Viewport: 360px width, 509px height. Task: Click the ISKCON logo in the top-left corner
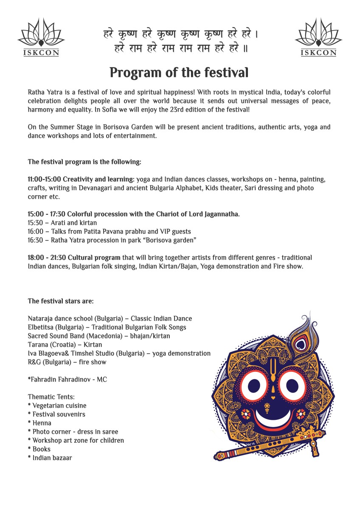(41, 37)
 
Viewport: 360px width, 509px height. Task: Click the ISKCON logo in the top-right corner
(318, 37)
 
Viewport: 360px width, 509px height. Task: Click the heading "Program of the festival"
(179, 73)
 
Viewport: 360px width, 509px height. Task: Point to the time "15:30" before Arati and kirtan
(35, 223)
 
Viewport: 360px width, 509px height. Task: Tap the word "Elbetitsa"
(41, 327)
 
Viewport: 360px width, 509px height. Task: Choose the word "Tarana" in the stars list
(38, 345)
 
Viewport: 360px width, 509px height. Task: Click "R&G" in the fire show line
(34, 362)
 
